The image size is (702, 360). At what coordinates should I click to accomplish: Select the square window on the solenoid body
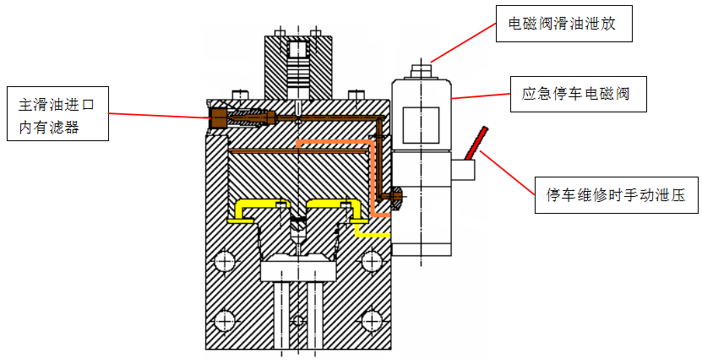tap(420, 126)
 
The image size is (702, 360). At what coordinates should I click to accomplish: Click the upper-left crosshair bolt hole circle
tap(225, 262)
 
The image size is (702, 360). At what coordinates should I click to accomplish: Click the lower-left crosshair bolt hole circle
tap(225, 321)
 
